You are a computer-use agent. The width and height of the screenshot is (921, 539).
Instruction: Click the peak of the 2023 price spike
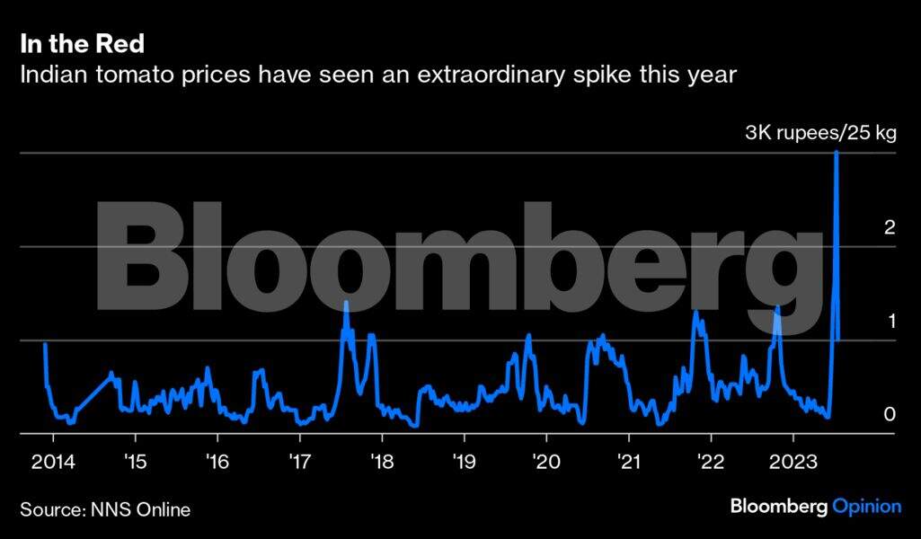(837, 152)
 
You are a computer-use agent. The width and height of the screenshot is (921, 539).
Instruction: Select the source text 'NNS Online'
(140, 510)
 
